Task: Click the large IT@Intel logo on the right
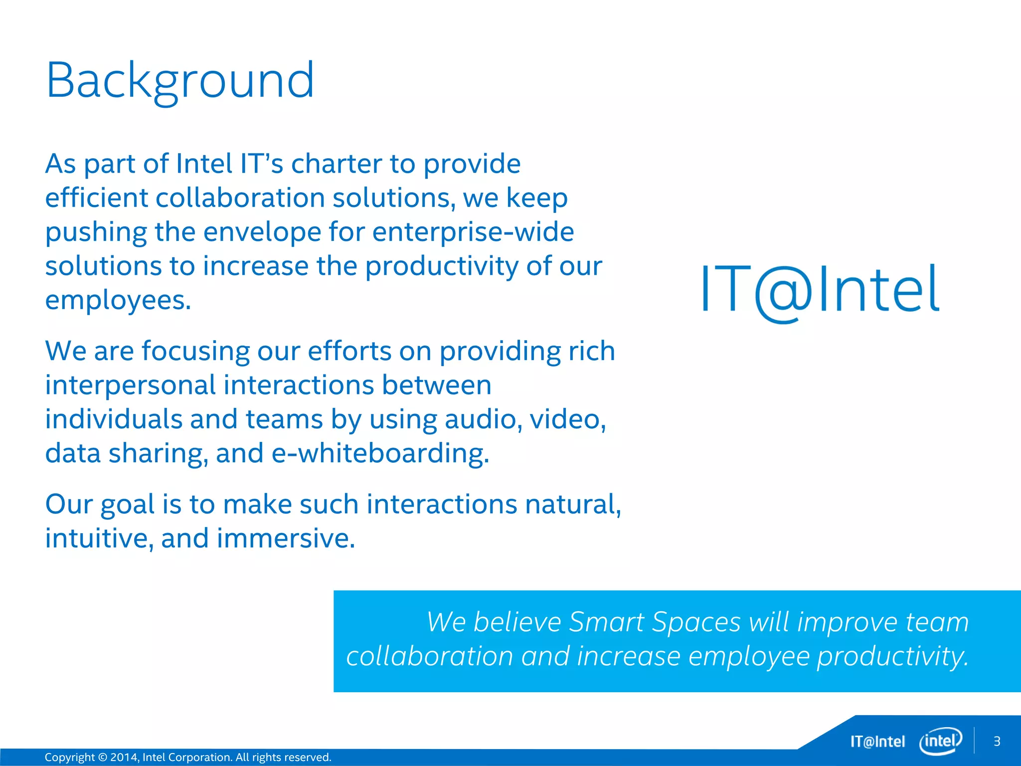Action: (821, 291)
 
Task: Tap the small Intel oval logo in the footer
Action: (940, 741)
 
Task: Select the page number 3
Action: (997, 742)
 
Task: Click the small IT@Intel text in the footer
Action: (877, 742)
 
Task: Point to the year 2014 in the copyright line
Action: (123, 757)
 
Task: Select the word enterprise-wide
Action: (473, 232)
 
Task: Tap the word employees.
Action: (118, 301)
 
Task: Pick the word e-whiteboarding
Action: (380, 453)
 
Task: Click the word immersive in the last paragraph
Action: (286, 539)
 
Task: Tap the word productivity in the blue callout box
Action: (892, 657)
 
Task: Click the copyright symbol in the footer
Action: (103, 757)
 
